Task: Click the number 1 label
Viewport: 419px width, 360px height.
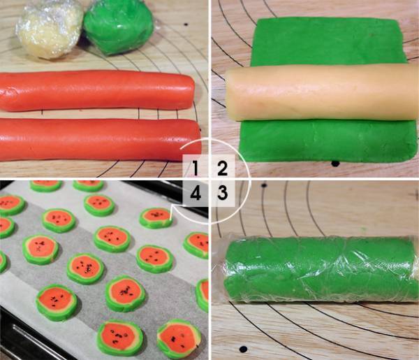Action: click(196, 168)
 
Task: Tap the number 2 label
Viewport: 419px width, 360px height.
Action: click(222, 168)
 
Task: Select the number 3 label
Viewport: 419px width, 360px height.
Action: click(222, 193)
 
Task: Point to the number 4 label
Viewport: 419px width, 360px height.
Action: click(196, 193)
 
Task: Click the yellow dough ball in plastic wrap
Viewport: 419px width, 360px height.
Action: click(50, 29)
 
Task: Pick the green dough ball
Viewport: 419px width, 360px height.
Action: click(119, 26)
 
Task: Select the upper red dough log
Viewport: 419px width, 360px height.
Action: click(97, 90)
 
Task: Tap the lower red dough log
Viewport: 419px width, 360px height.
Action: click(100, 139)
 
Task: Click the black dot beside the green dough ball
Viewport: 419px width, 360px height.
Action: click(186, 24)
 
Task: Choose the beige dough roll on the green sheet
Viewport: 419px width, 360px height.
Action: click(322, 93)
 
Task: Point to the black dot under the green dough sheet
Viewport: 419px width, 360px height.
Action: click(335, 163)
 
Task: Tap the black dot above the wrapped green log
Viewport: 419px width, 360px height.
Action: click(264, 185)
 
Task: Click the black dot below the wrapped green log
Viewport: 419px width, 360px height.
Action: click(243, 349)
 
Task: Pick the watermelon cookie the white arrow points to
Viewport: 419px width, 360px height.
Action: click(156, 217)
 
